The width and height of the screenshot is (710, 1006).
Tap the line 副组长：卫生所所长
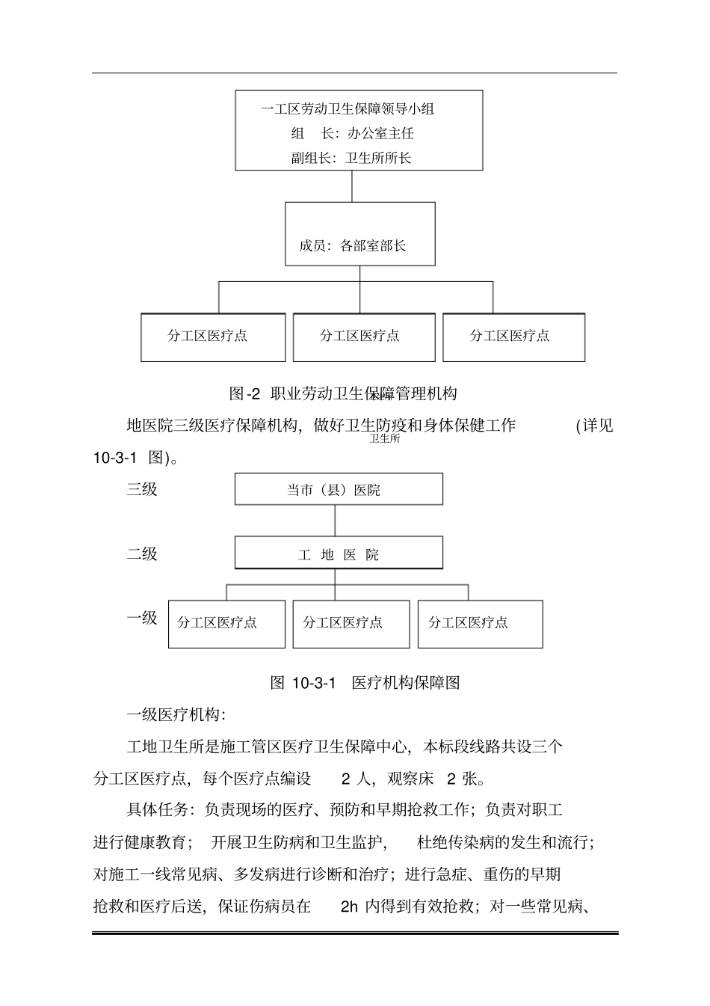351,159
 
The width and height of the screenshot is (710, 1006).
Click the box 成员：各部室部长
359,235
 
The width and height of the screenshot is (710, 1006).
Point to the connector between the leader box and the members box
352,186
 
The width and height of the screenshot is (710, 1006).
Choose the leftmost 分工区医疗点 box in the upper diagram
213,337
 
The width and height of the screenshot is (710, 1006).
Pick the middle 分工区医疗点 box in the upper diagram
363,337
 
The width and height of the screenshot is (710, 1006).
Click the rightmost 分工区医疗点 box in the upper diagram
513,337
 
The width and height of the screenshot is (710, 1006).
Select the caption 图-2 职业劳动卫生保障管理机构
343,393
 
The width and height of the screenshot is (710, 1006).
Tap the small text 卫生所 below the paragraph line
385,439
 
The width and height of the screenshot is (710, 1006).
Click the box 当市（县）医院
339,490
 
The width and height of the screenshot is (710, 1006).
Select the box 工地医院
339,553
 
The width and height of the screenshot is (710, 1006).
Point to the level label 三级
142,490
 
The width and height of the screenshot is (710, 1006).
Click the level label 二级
142,554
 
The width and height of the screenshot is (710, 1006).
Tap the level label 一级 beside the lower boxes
142,618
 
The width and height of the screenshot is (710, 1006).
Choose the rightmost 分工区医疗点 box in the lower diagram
480,624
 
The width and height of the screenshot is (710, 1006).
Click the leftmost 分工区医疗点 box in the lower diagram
226,624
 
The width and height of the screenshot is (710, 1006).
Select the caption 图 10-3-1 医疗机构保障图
364,682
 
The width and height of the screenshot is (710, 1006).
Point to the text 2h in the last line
349,907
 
